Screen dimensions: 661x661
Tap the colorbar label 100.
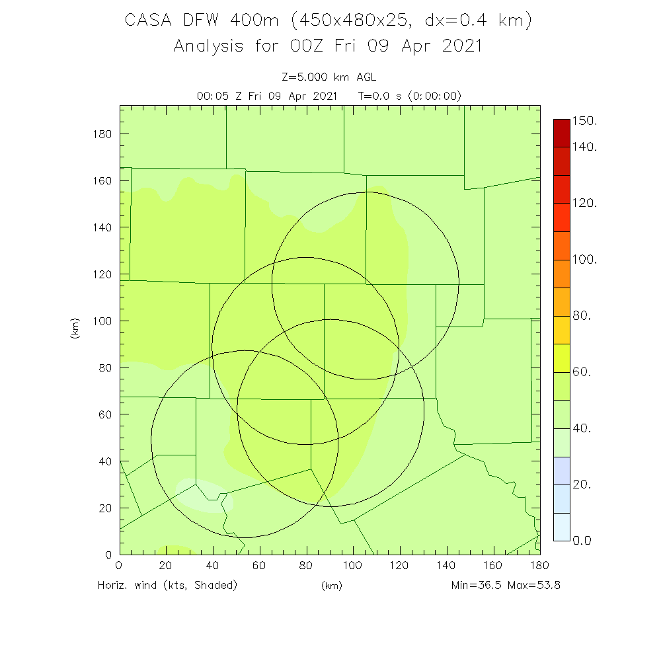[584, 260]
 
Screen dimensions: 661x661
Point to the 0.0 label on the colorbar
[581, 541]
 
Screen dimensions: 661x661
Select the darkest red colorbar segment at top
[561, 133]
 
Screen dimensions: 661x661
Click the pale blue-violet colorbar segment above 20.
[561, 471]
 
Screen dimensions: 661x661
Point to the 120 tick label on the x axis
[399, 566]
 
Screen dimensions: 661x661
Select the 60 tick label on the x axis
[259, 566]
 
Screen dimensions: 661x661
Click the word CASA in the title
[149, 21]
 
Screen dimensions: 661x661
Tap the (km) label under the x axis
[331, 586]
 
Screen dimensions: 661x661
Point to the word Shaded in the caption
[213, 585]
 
